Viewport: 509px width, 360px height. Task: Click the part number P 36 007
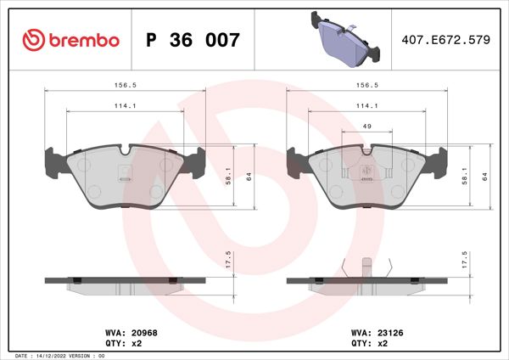(193, 40)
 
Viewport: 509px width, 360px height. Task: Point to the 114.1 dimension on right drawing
(367, 105)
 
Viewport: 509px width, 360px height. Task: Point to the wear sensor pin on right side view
(366, 266)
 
